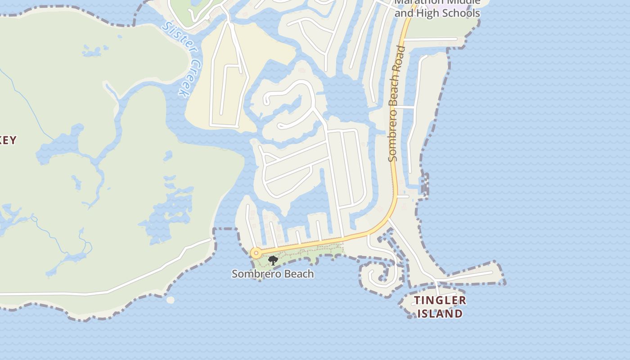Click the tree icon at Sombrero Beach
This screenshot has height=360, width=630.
[x=273, y=260]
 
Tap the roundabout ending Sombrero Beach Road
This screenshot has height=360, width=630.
[x=256, y=253]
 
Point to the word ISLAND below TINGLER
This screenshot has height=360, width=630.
[x=440, y=314]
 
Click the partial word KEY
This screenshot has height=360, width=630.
[x=8, y=140]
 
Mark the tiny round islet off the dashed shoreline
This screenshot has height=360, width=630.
[x=170, y=300]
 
